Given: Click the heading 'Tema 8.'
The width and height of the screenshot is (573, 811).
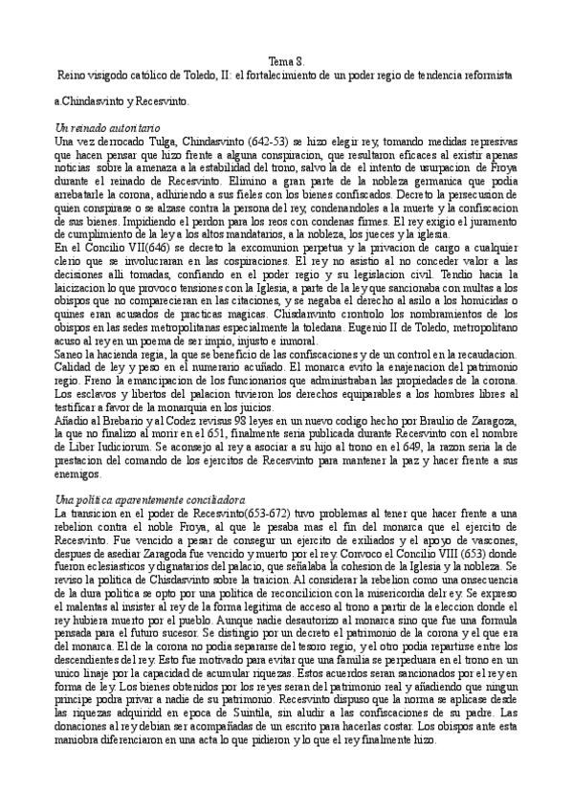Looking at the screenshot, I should coord(286,59).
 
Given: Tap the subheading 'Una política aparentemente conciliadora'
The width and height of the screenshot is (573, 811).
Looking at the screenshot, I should coord(151,500).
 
